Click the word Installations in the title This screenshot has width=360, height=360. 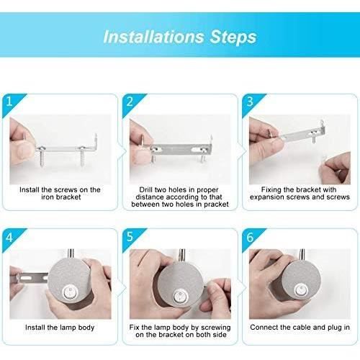pyautogui.click(x=153, y=36)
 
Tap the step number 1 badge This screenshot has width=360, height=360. pyautogui.click(x=8, y=102)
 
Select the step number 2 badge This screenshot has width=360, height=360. pyautogui.click(x=130, y=102)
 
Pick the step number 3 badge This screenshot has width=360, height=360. pyautogui.click(x=249, y=102)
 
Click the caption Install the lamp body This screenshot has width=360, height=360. pyautogui.click(x=60, y=328)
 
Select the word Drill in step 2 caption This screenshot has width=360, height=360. pyautogui.click(x=149, y=189)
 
